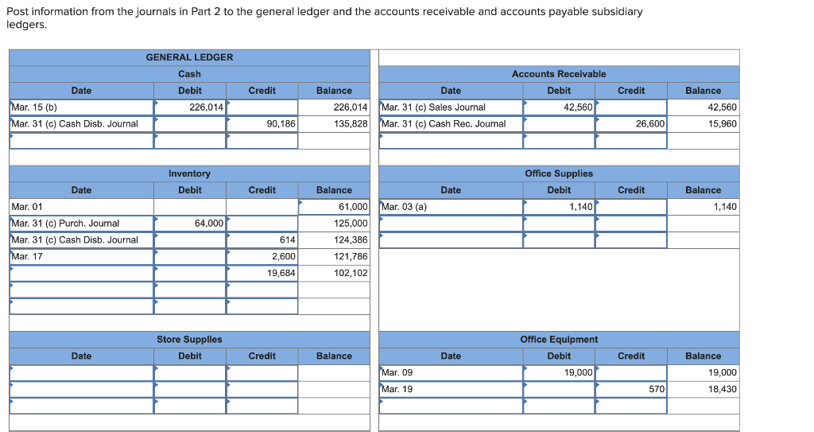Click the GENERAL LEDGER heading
pyautogui.click(x=189, y=57)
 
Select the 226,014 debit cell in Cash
pyautogui.click(x=206, y=107)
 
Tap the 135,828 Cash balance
pyautogui.click(x=350, y=124)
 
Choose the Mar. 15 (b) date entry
pyautogui.click(x=34, y=107)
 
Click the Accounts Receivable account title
pyautogui.click(x=558, y=74)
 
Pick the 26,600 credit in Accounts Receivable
pyautogui.click(x=649, y=124)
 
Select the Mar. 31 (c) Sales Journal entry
pyautogui.click(x=433, y=107)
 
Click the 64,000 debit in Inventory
pyautogui.click(x=209, y=224)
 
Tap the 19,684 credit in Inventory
pyautogui.click(x=281, y=273)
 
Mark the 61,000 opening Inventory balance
pyautogui.click(x=352, y=207)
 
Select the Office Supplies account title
pyautogui.click(x=558, y=173)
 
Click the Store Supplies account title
pyautogui.click(x=189, y=340)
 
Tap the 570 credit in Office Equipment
pyautogui.click(x=657, y=389)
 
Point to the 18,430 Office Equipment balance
pyautogui.click(x=722, y=389)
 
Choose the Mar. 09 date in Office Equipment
pyautogui.click(x=397, y=372)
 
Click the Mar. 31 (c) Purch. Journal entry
pyautogui.click(x=65, y=224)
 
